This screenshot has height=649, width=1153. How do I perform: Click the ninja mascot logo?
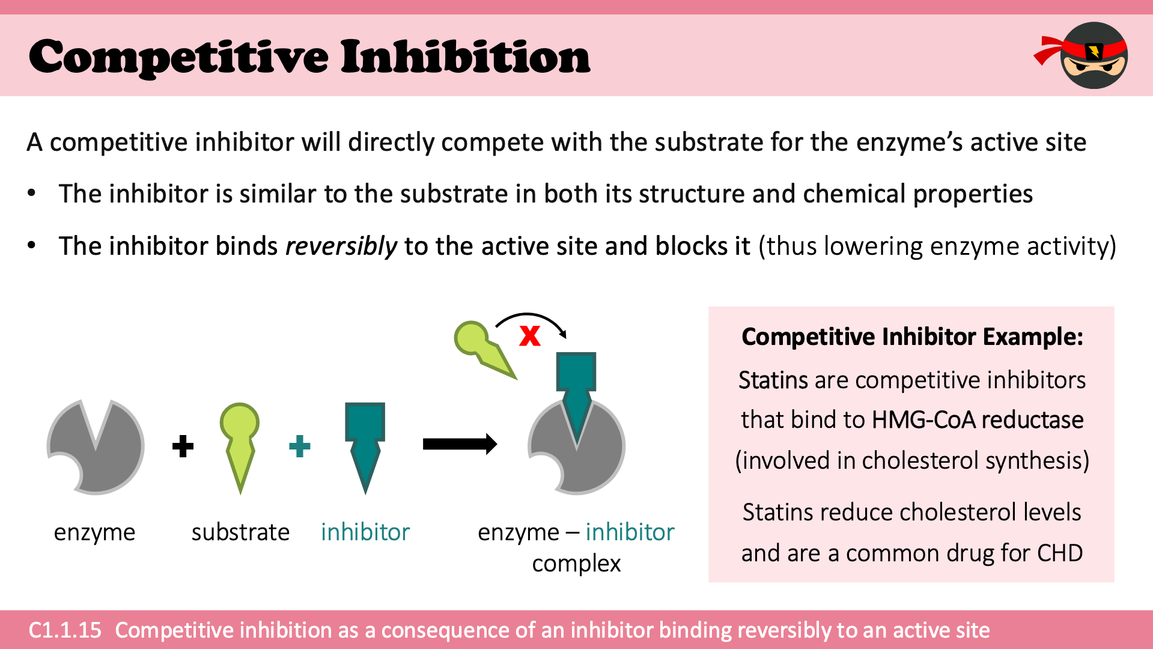1085,55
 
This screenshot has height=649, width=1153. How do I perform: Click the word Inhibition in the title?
466,56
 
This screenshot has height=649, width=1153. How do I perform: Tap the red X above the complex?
530,335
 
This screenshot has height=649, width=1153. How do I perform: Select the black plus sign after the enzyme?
183,446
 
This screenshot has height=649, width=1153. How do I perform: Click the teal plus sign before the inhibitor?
300,446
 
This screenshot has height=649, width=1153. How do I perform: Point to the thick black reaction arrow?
460,444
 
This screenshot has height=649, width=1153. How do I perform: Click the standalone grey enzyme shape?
96,446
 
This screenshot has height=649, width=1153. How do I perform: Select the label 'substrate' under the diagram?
240,532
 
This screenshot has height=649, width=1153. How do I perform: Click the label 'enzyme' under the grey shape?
94,533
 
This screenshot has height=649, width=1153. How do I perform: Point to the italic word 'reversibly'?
341,246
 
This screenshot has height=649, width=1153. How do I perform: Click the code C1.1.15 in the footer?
65,630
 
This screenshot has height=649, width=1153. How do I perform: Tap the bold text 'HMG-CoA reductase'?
978,419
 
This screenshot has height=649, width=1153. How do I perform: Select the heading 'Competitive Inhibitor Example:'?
912,337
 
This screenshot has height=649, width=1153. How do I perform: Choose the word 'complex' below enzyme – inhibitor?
576,564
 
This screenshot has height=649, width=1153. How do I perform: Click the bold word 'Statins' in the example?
773,380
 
